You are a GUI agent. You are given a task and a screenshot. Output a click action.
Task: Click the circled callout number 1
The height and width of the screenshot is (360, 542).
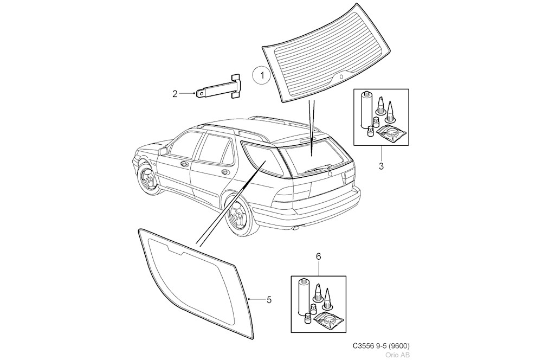click(x=262, y=75)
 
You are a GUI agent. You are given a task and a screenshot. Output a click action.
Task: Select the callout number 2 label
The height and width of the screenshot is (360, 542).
click(x=175, y=94)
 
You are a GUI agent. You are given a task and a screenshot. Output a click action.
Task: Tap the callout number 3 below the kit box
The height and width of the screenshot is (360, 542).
click(x=380, y=166)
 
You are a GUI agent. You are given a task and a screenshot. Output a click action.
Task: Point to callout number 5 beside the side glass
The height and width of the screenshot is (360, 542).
click(x=269, y=299)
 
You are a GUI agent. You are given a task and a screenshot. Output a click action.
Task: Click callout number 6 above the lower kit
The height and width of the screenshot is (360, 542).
click(x=318, y=255)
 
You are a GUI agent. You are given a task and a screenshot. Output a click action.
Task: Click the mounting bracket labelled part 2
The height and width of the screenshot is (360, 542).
click(x=220, y=88)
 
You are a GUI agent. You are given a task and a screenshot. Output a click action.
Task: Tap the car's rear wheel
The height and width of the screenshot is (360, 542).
click(x=238, y=216)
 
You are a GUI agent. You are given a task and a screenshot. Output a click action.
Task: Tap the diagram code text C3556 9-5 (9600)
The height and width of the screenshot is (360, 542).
click(x=380, y=346)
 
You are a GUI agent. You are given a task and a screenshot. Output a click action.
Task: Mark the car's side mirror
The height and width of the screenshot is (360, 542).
click(x=163, y=151)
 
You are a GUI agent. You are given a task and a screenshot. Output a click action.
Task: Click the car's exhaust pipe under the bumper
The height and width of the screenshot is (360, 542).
click(x=295, y=229)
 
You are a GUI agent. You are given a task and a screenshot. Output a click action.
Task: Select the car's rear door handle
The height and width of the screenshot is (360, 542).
click(x=223, y=172)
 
